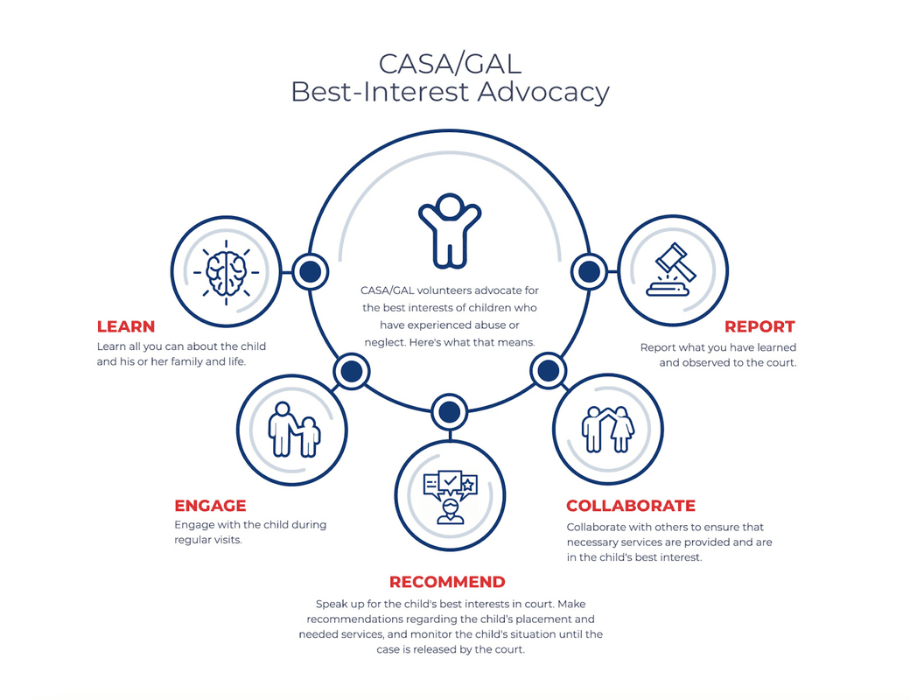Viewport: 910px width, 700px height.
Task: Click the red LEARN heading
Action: pos(126,326)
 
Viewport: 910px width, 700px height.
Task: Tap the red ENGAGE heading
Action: pos(210,506)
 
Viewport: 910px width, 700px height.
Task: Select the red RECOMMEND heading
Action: pos(447,582)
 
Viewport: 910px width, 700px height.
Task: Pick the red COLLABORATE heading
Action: pos(631,506)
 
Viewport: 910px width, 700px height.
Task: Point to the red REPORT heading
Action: pos(759,326)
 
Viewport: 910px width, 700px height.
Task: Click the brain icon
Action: pos(227,272)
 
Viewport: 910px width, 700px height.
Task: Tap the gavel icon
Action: pos(671,269)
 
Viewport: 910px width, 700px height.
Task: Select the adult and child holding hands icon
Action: pos(294,430)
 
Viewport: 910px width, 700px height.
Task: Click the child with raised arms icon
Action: pos(450,230)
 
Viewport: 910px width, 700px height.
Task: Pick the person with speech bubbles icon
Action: pos(451,497)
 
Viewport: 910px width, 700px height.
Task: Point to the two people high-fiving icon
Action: pos(608,429)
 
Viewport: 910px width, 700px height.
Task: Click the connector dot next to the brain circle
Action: pos(310,271)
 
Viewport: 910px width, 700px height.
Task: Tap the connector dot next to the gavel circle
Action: pos(589,271)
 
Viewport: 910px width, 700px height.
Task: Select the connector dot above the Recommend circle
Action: pos(449,412)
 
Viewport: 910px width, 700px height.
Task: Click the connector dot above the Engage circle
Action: pos(351,371)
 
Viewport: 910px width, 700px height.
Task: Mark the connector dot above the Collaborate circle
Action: pos(548,370)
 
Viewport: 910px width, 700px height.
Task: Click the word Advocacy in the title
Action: pos(543,92)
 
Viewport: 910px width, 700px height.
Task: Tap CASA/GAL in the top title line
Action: pos(450,64)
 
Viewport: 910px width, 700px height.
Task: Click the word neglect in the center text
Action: pos(383,342)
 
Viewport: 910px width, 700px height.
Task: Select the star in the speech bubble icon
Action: pos(468,484)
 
